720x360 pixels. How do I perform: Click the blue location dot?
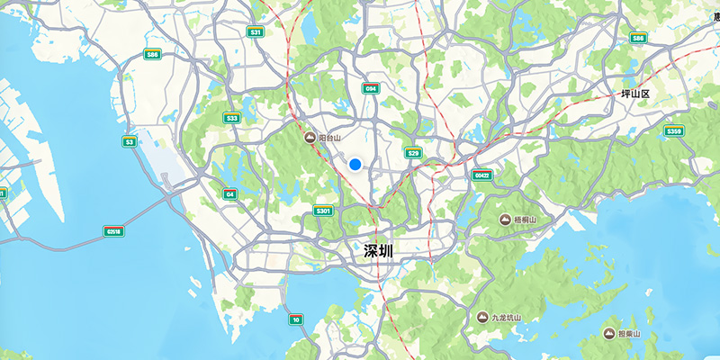(355, 165)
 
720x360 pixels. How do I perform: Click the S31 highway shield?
(256, 32)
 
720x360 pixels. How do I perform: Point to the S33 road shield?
(232, 118)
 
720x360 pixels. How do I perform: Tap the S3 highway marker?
(130, 141)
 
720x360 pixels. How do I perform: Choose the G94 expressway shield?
(370, 88)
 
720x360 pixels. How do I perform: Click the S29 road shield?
(413, 153)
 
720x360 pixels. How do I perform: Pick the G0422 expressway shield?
(481, 175)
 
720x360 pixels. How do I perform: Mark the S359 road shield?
(674, 131)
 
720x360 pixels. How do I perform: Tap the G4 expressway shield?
(230, 193)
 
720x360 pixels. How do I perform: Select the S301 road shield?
(323, 211)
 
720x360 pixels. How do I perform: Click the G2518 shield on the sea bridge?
(113, 231)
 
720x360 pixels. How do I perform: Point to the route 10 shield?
(295, 319)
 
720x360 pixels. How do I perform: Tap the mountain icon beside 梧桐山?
(506, 220)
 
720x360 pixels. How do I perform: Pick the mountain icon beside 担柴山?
(609, 334)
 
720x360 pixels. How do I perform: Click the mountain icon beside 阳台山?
(310, 139)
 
